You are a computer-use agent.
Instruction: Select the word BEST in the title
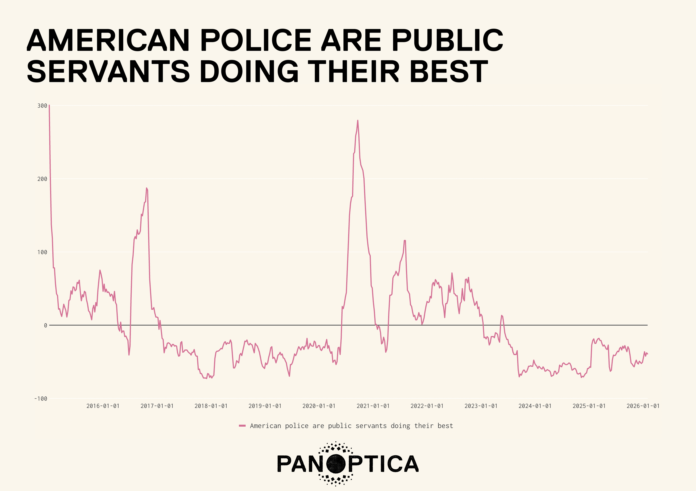coord(449,72)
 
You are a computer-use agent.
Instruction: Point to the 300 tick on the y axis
coord(42,106)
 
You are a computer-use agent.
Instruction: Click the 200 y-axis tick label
coord(42,179)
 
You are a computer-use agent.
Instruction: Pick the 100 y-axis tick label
coord(42,252)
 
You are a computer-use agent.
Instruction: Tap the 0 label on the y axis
coord(45,325)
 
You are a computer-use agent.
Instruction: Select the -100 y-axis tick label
coord(41,398)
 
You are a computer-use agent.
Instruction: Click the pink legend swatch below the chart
coord(242,426)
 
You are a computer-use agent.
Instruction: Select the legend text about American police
coord(351,426)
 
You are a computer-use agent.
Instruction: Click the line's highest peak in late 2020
coord(358,120)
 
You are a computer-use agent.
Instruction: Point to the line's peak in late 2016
coord(147,188)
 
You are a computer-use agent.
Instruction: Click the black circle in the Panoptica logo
coord(336,464)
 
